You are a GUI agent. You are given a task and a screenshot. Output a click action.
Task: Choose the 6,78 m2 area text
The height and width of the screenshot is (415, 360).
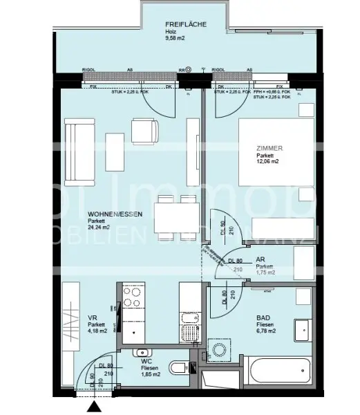coord(266,331)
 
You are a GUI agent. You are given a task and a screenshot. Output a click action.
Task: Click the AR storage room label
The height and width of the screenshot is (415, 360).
coord(261,259)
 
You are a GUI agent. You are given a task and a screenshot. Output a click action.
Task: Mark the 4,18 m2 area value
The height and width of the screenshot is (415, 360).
coord(97,331)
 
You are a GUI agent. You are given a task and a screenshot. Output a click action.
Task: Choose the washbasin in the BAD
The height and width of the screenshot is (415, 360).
coord(302,331)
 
